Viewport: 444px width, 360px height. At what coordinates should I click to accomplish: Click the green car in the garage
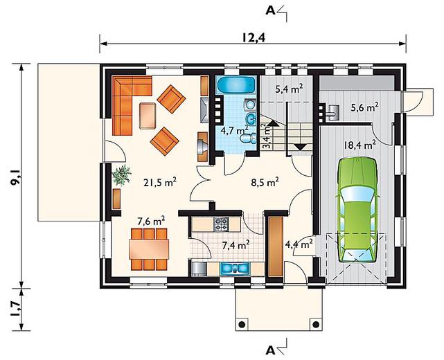click(x=357, y=210)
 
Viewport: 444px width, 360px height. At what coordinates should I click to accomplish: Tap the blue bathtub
click(x=237, y=84)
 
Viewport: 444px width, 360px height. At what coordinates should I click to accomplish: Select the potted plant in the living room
click(x=121, y=175)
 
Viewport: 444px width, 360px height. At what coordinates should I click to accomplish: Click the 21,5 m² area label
click(x=160, y=183)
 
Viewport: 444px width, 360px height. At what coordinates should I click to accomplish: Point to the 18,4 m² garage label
click(x=359, y=145)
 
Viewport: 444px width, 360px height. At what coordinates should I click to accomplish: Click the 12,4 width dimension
click(x=254, y=37)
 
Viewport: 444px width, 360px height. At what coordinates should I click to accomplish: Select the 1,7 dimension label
click(x=15, y=309)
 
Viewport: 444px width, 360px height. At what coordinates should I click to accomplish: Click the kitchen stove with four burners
click(x=221, y=224)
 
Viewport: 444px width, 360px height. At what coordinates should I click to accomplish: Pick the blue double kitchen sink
click(x=235, y=269)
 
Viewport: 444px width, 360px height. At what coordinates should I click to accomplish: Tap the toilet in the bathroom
click(x=249, y=138)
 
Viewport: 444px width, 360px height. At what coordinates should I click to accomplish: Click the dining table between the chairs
click(x=149, y=249)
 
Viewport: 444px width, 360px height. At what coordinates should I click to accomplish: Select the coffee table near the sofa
click(x=148, y=116)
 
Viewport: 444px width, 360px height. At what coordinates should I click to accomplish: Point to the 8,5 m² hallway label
click(x=265, y=182)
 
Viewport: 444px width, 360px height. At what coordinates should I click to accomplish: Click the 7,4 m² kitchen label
click(x=236, y=245)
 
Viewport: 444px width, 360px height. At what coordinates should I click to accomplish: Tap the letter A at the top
click(x=270, y=10)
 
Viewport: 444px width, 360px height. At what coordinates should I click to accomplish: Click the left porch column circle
click(x=242, y=324)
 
